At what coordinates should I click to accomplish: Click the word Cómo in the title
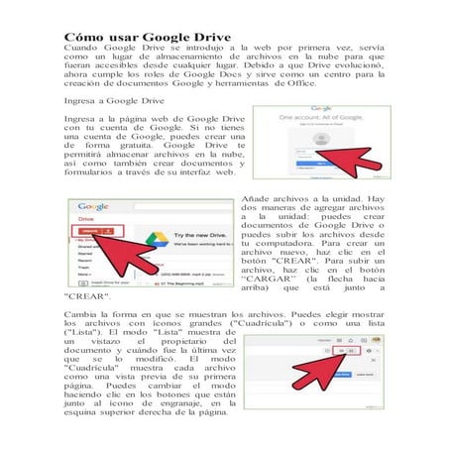(84, 34)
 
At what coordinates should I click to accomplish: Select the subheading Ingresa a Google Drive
(113, 100)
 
